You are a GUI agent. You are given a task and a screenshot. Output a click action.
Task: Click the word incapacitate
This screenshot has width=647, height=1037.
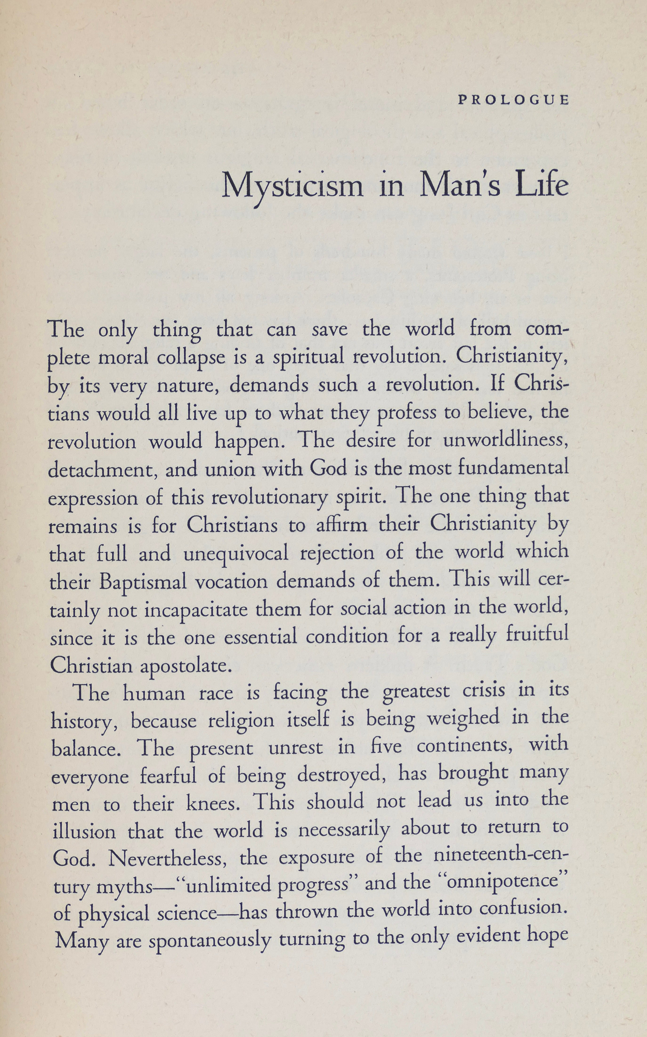196,610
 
